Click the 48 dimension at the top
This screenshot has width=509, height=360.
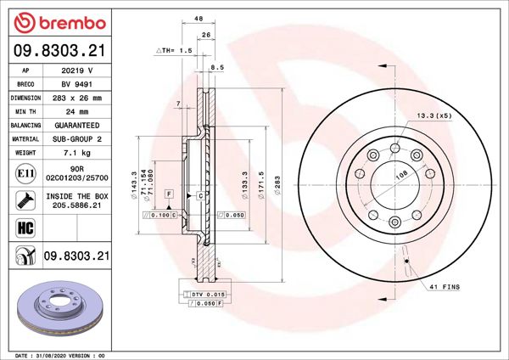(199, 18)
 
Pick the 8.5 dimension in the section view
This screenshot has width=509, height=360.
(216, 66)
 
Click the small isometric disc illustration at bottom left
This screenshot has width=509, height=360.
(58, 310)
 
